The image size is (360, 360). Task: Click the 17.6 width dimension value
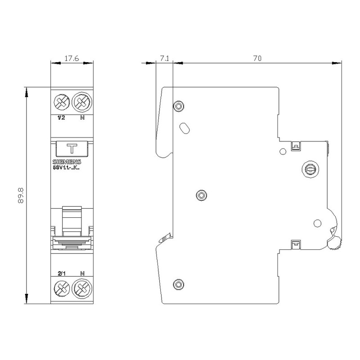pyautogui.click(x=72, y=58)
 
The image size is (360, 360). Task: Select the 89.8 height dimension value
pyautogui.click(x=21, y=196)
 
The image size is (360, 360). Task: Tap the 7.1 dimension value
pyautogui.click(x=164, y=58)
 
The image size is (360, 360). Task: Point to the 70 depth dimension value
pyautogui.click(x=257, y=58)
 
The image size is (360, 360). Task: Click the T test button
pyautogui.click(x=72, y=149)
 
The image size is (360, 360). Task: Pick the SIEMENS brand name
pyautogui.click(x=67, y=162)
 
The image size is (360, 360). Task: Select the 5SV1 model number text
pyautogui.click(x=66, y=168)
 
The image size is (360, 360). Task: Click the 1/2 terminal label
pyautogui.click(x=61, y=118)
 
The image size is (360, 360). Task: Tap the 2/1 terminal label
pyautogui.click(x=62, y=274)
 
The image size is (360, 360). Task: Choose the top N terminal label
pyautogui.click(x=82, y=118)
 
